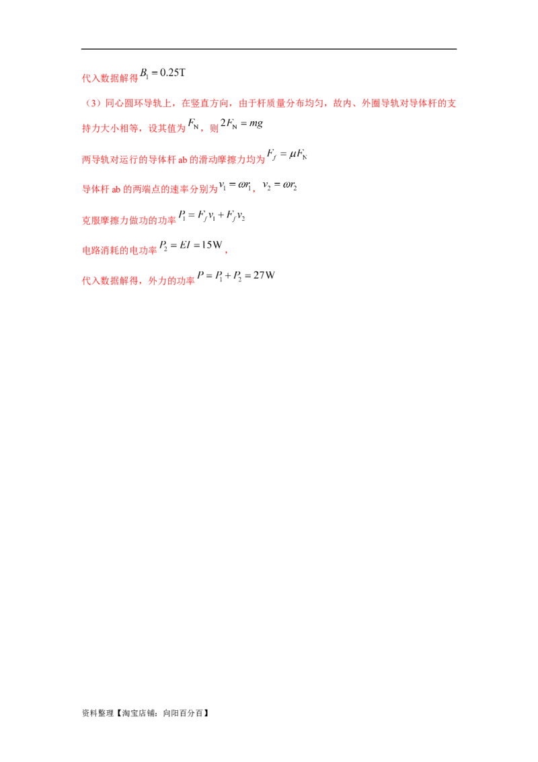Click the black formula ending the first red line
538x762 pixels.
163,73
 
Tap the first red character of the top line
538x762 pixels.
85,78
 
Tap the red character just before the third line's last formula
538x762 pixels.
215,128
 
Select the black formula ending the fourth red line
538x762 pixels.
288,154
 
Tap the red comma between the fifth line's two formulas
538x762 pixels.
254,190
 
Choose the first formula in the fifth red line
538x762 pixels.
235,186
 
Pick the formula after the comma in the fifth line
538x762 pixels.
280,185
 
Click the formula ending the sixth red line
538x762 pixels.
213,216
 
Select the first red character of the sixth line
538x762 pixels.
85,219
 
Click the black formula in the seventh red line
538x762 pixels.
191,245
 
